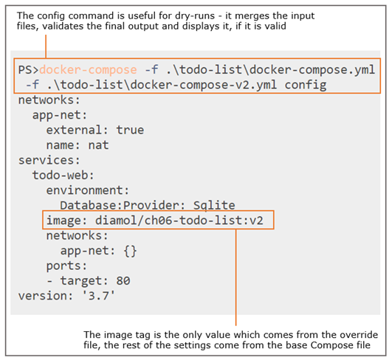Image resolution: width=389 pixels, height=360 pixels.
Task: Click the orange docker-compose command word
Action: [88, 70]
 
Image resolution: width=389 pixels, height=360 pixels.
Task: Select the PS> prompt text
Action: [29, 70]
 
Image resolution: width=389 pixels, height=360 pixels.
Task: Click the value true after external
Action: [130, 130]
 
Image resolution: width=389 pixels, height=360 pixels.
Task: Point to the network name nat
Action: [98, 145]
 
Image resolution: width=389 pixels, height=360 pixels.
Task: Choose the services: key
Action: [49, 160]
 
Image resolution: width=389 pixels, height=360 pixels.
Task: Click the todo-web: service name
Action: [63, 176]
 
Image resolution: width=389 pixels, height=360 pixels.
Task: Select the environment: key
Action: [88, 190]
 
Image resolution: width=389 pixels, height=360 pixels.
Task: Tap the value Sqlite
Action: [214, 206]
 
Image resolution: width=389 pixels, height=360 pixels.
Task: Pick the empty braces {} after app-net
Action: [130, 251]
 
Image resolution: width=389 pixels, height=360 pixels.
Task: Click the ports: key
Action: [66, 266]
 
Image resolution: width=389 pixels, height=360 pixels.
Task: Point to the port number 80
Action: [123, 281]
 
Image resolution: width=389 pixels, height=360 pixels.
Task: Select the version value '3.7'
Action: [99, 296]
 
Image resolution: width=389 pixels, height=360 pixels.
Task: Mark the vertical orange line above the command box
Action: [46, 46]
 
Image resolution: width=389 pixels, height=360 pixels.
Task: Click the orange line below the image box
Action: [236, 277]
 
